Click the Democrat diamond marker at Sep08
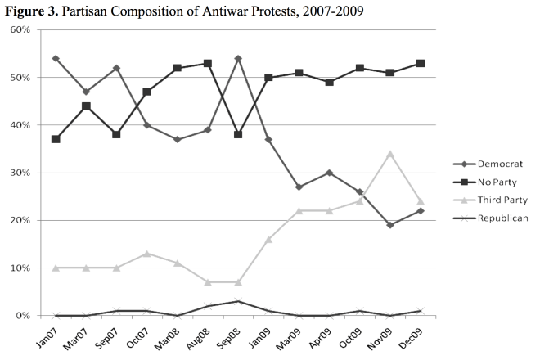pyautogui.click(x=238, y=59)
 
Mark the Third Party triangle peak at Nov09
pyautogui.click(x=389, y=154)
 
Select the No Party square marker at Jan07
pyautogui.click(x=56, y=139)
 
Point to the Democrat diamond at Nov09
pyautogui.click(x=389, y=225)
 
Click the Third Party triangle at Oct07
pyautogui.click(x=147, y=254)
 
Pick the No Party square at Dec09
pyautogui.click(x=420, y=63)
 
